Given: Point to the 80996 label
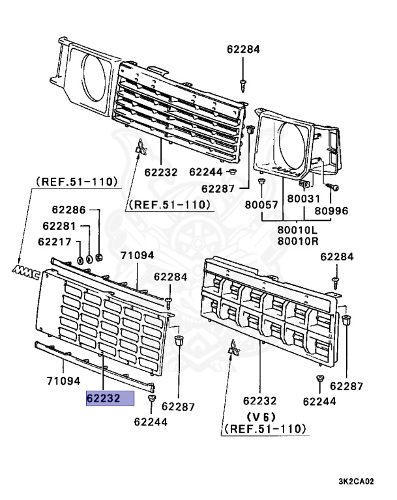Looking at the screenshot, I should click(333, 210).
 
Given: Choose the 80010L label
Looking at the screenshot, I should click(297, 230).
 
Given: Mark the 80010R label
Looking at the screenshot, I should click(297, 241).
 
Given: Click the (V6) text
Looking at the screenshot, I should click(260, 417).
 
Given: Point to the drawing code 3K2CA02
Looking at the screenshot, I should click(357, 482).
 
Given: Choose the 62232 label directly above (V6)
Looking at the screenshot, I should click(260, 402).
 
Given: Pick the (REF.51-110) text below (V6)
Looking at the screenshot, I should click(263, 430).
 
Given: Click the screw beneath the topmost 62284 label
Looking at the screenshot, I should click(243, 81).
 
